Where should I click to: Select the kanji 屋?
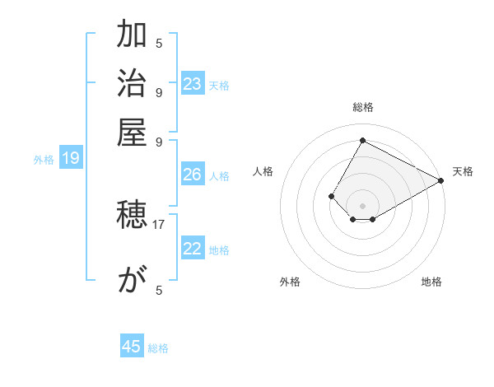(x=132, y=131)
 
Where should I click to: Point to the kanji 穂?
(x=132, y=217)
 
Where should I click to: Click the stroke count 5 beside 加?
(x=159, y=43)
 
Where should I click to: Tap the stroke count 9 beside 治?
(x=159, y=91)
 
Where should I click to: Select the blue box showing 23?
(x=193, y=84)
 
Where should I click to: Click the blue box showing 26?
(x=193, y=175)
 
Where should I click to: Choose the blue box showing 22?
(x=193, y=249)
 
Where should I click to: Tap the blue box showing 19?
(x=71, y=159)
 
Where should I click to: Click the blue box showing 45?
(x=132, y=347)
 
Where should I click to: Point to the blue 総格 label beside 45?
(x=158, y=348)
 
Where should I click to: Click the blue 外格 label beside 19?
(x=44, y=160)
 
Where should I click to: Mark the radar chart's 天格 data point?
(x=440, y=181)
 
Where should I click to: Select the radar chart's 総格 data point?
(x=362, y=140)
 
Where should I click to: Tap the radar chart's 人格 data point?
(x=331, y=196)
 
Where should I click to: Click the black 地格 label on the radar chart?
(x=431, y=282)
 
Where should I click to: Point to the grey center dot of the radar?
(x=362, y=205)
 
